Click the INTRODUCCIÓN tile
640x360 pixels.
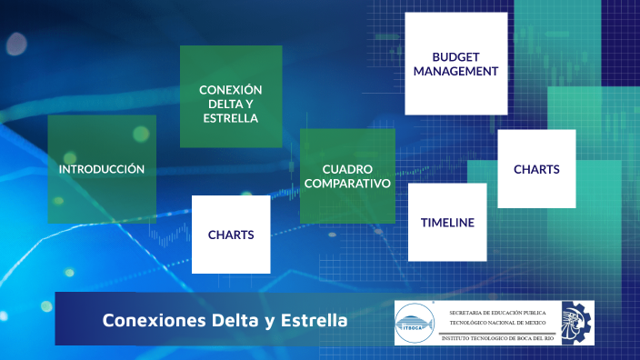(102, 169)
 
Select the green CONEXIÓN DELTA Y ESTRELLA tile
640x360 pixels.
(231, 96)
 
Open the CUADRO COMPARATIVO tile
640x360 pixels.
(347, 175)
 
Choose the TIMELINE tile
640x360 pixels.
(447, 222)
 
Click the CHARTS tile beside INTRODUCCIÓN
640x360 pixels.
(231, 235)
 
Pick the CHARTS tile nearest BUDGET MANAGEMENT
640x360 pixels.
(536, 169)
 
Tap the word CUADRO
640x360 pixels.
(347, 168)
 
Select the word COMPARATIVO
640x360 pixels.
(347, 183)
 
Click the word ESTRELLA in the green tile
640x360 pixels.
(231, 118)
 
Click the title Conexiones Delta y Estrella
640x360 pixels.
(224, 320)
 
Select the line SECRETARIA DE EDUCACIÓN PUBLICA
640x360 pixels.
(496, 312)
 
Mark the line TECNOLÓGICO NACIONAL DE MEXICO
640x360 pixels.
(496, 322)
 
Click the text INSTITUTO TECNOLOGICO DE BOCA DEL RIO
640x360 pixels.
(498, 337)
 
